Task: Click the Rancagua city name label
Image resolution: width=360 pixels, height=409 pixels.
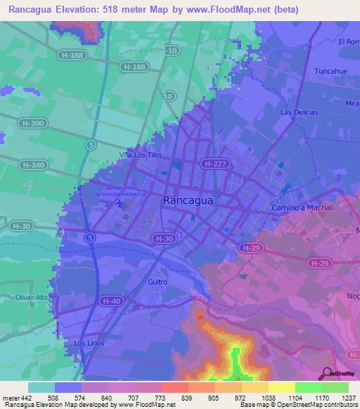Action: [188, 200]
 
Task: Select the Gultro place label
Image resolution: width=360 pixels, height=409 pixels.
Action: [157, 282]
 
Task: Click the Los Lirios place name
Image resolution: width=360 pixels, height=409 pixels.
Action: [89, 343]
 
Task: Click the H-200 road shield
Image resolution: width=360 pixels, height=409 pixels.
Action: [34, 124]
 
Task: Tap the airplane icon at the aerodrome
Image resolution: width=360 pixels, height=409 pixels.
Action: [120, 203]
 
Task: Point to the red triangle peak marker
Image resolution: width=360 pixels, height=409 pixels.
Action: [200, 316]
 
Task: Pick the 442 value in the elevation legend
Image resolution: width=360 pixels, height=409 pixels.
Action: [27, 398]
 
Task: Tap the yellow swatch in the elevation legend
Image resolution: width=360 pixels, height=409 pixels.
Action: [282, 387]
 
